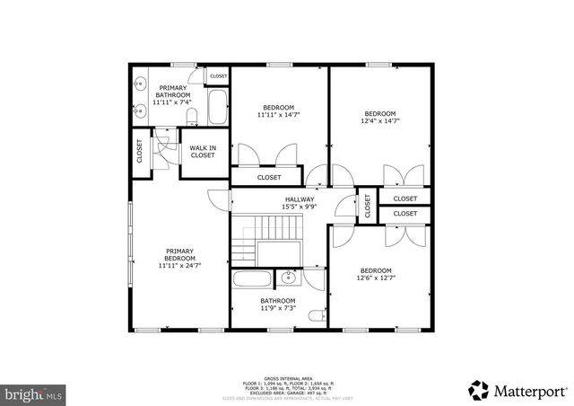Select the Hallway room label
click(x=300, y=199)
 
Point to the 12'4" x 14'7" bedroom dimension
click(x=379, y=120)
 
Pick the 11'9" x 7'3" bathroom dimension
click(x=277, y=309)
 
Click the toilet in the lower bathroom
click(x=314, y=316)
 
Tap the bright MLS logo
click(x=34, y=393)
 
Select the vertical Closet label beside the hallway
click(x=368, y=206)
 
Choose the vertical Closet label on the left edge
click(x=140, y=150)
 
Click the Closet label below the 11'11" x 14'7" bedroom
click(x=269, y=177)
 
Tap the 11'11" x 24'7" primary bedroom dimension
click(x=179, y=265)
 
